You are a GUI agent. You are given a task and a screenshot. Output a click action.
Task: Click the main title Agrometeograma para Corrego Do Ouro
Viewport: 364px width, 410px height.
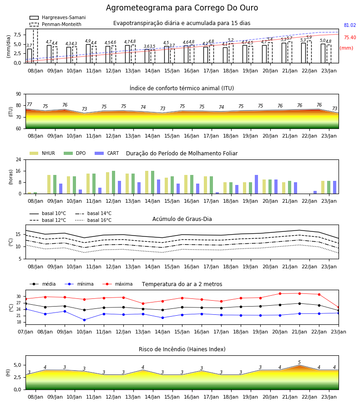point(182,8)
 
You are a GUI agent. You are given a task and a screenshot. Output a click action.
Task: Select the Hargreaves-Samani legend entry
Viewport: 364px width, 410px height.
point(57,17)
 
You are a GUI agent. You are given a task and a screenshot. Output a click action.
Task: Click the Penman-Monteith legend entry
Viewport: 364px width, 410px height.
point(56,24)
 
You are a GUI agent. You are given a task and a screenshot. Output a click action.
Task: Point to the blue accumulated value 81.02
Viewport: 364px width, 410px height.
point(350,26)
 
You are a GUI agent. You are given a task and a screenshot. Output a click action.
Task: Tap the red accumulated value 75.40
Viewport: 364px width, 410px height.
point(350,38)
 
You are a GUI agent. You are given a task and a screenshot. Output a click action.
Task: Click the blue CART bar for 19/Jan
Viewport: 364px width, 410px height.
point(257,184)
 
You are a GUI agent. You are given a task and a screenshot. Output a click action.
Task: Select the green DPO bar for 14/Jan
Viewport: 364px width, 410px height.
point(152,182)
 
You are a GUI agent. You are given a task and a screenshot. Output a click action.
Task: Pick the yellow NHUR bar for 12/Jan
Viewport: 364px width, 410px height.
point(107,183)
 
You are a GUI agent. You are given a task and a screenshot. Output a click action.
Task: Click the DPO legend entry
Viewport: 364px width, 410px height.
point(75,153)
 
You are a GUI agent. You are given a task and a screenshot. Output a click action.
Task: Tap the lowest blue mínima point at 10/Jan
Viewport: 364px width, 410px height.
point(84,320)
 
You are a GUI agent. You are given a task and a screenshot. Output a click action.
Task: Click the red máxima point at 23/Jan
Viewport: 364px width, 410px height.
point(339,307)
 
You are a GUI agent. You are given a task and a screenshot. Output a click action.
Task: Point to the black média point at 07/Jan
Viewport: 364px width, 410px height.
point(26,303)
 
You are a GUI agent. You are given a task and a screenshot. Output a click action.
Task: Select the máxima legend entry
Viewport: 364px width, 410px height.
point(117,284)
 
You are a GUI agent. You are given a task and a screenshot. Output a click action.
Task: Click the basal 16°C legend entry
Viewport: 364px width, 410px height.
point(93,220)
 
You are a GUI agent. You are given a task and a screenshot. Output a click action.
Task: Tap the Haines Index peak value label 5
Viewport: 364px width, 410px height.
point(299,363)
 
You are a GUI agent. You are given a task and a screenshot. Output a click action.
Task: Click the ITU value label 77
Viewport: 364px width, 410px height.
point(29,105)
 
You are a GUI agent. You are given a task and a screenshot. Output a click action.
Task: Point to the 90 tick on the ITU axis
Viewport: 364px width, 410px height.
point(19,94)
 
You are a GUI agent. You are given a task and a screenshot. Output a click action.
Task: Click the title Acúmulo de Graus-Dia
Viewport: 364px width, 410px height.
point(182,219)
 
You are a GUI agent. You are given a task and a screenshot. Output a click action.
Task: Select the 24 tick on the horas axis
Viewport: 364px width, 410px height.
point(19,159)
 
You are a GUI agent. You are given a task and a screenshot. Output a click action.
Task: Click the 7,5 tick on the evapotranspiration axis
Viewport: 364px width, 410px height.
point(18,35)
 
